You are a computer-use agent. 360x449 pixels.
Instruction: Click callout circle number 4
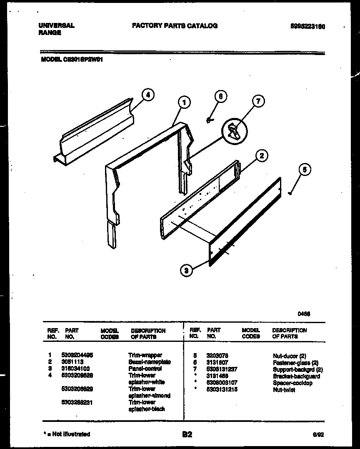click(x=147, y=95)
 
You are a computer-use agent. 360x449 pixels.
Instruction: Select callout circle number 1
click(x=183, y=102)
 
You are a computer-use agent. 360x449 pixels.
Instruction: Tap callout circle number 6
click(x=220, y=97)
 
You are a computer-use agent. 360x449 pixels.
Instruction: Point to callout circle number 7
click(x=258, y=101)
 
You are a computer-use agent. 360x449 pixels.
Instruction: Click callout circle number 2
click(x=261, y=156)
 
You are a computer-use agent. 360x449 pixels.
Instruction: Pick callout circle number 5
click(x=305, y=170)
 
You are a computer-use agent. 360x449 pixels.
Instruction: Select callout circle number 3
click(x=187, y=271)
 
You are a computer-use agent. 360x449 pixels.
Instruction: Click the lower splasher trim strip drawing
click(x=94, y=129)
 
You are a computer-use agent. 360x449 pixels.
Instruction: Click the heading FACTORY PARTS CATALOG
click(x=175, y=26)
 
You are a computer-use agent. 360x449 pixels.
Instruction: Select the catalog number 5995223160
click(x=307, y=27)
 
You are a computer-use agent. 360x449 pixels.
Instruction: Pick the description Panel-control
click(x=145, y=369)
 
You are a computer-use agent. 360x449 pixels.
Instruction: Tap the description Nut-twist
click(x=284, y=390)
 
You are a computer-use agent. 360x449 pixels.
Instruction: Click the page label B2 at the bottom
click(x=187, y=434)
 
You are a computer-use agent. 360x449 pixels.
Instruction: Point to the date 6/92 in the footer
click(x=318, y=434)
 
